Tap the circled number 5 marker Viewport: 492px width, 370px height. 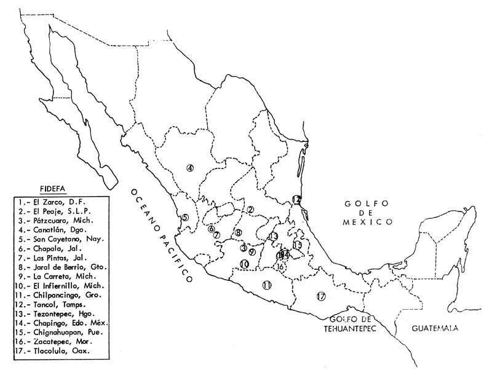point(184,218)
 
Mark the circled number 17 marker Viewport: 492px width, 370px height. point(320,296)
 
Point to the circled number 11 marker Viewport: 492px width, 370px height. point(266,285)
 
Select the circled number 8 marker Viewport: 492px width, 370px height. point(238,232)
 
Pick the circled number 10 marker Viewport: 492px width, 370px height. point(244,264)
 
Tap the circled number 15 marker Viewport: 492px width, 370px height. point(298,245)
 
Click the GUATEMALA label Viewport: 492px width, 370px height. point(435,329)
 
